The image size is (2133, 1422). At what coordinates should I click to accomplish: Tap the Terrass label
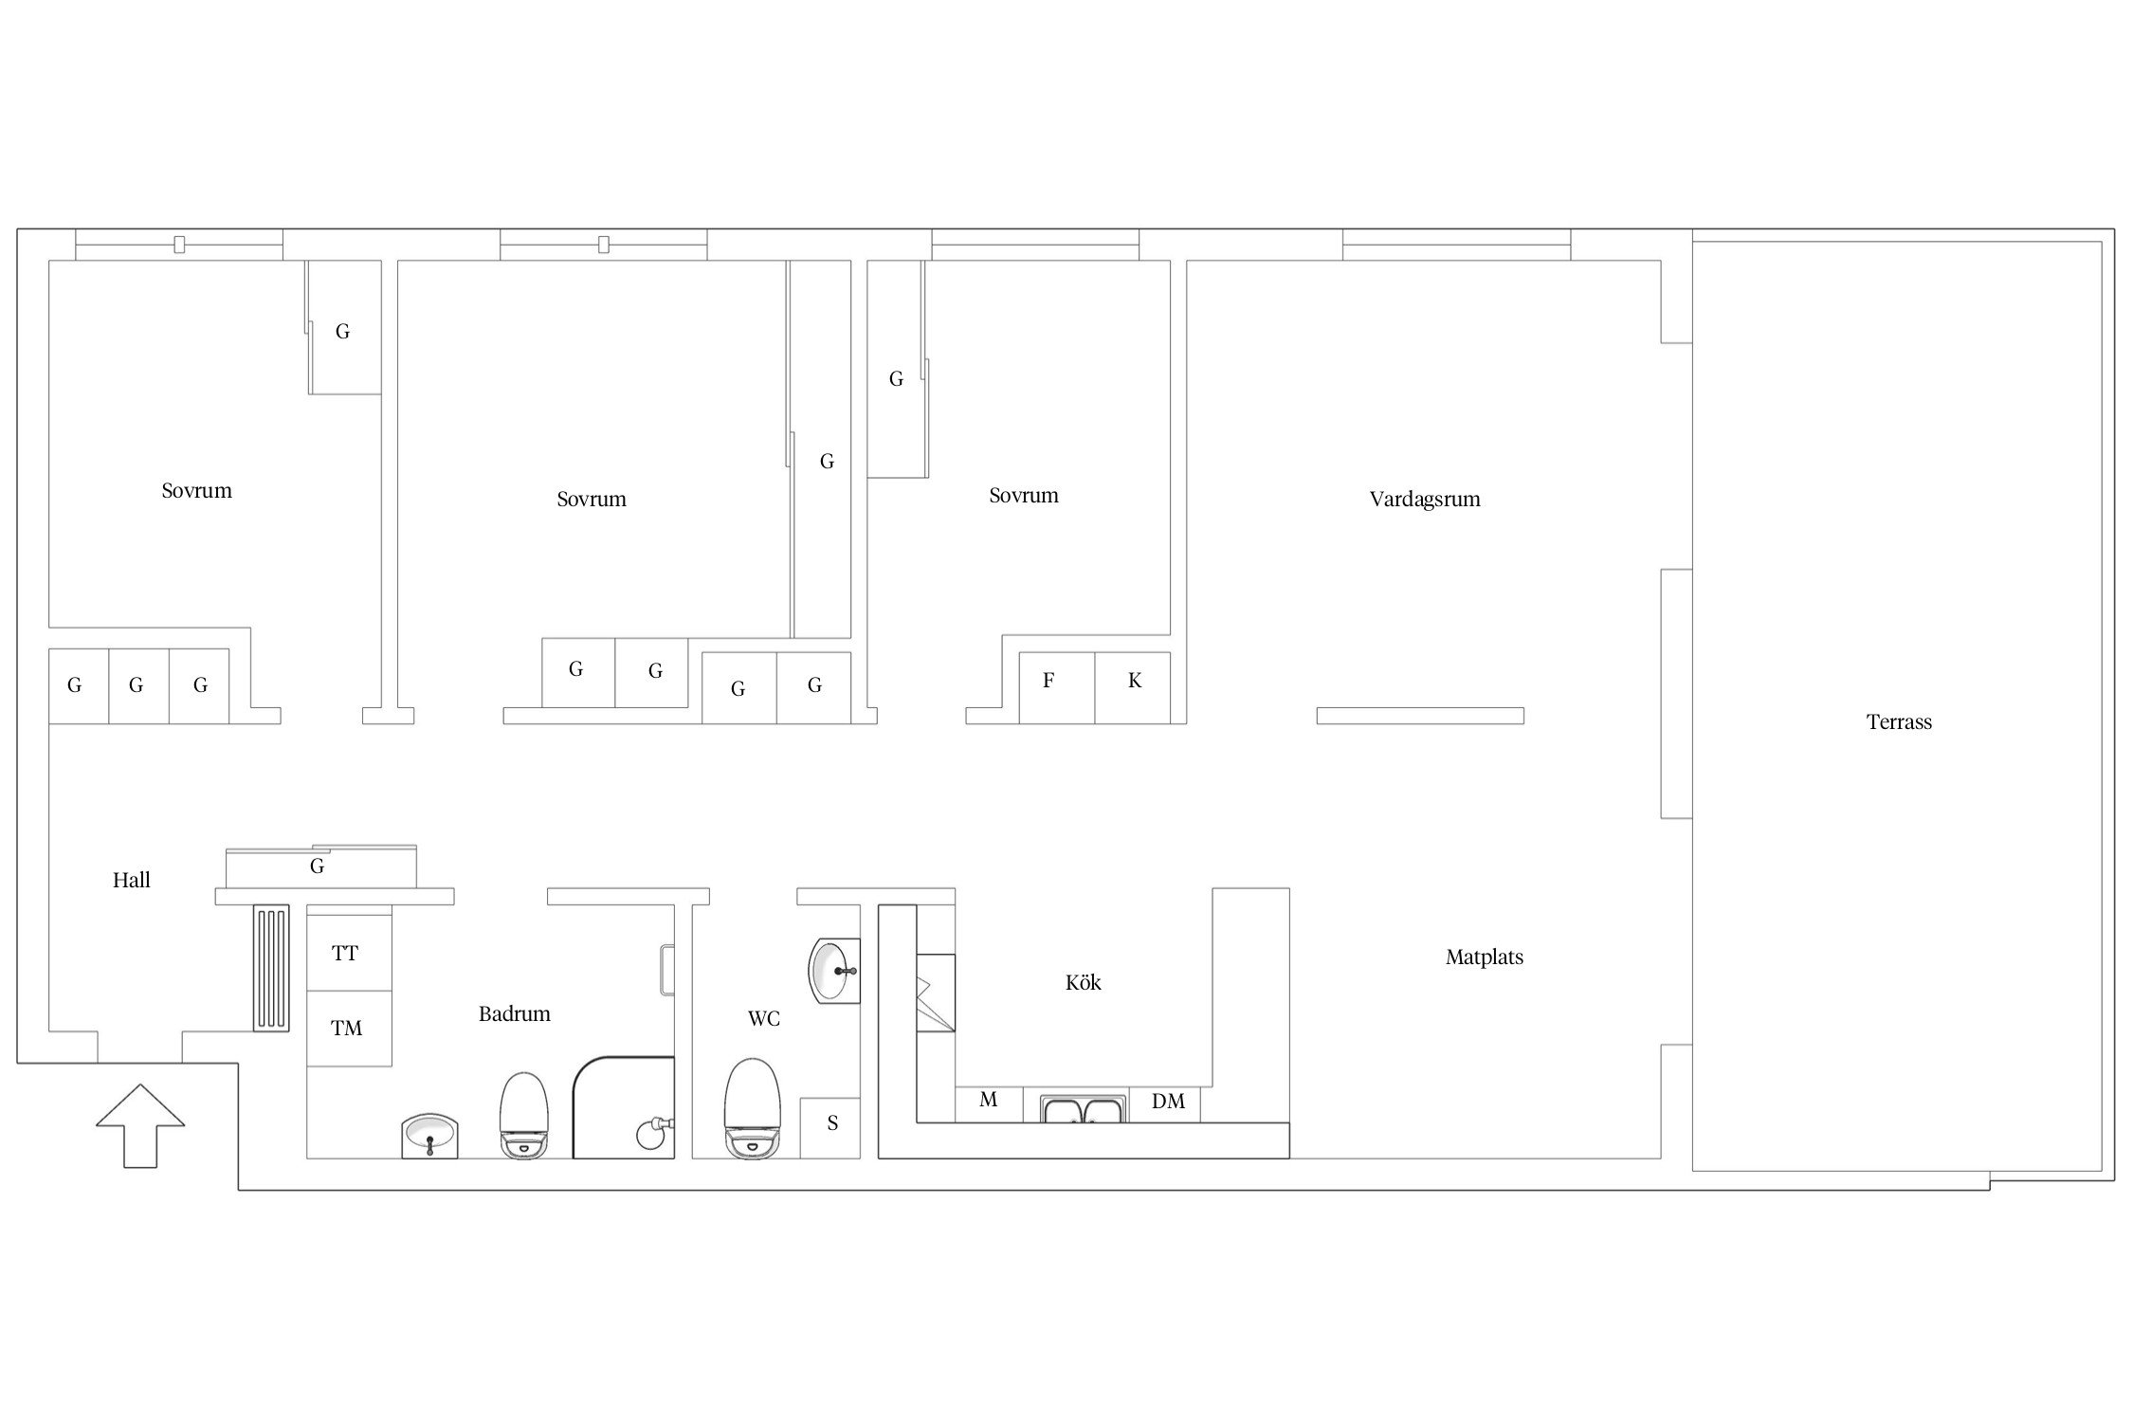(1899, 722)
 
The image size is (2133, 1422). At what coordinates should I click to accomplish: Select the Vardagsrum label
(1425, 500)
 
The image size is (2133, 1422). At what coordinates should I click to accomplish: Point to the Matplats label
(1485, 957)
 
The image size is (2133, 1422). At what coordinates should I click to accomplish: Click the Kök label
(1083, 983)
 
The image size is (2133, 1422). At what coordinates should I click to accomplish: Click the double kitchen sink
(1083, 1108)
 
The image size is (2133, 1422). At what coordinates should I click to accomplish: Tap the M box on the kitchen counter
(989, 1103)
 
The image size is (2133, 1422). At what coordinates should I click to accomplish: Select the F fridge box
(1057, 688)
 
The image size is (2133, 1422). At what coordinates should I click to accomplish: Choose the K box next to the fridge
(1133, 688)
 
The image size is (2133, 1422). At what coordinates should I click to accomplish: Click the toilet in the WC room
(752, 1108)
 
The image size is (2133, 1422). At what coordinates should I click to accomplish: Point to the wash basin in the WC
(834, 970)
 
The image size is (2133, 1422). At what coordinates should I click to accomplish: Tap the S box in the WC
(830, 1128)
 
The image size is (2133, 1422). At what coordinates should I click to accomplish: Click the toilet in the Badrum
(524, 1115)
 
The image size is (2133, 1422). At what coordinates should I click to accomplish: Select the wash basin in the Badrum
(430, 1137)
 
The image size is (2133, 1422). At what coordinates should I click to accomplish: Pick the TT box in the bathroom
(349, 953)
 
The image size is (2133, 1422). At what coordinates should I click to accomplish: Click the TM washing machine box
(349, 1029)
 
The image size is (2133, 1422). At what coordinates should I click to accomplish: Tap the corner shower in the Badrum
(624, 1107)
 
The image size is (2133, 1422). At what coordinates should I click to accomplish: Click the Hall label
(132, 881)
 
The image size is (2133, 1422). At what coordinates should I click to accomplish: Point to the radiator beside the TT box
(271, 967)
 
